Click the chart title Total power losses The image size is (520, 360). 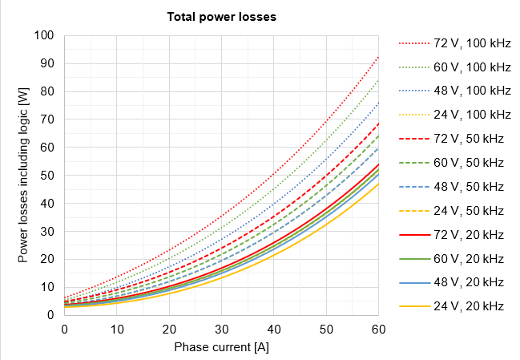click(x=221, y=17)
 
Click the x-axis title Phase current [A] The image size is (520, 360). click(x=221, y=346)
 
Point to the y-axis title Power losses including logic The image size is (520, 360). click(x=23, y=176)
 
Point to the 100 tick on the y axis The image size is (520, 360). click(x=44, y=35)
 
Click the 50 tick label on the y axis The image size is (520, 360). click(x=47, y=176)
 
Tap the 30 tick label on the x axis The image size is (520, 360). click(x=221, y=330)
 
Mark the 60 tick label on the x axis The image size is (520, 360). click(x=378, y=330)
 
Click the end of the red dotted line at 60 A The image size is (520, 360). click(x=378, y=57)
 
